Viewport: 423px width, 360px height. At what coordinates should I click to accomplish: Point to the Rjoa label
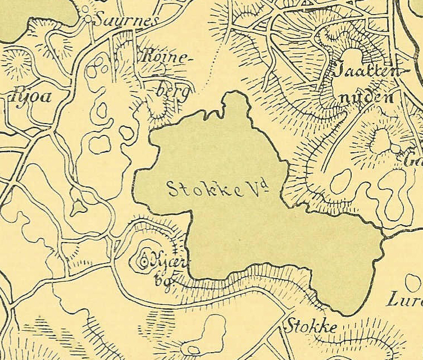(33, 96)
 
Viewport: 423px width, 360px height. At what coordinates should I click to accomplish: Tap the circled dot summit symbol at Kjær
(143, 260)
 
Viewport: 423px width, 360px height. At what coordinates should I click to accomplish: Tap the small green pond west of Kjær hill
(79, 206)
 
